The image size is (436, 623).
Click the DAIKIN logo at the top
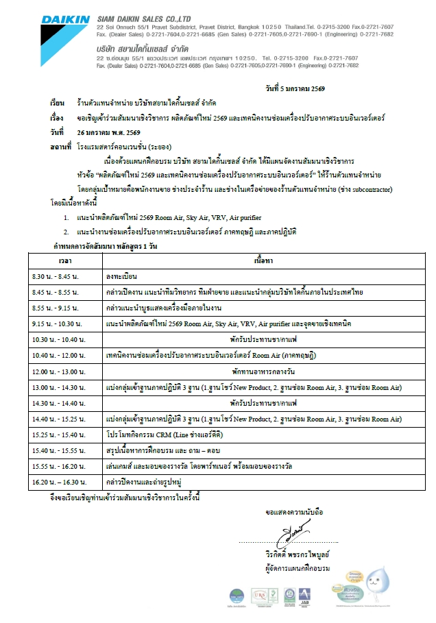coord(64,20)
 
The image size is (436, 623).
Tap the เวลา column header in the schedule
coord(66,261)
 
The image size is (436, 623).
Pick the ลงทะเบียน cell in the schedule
coord(122,276)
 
